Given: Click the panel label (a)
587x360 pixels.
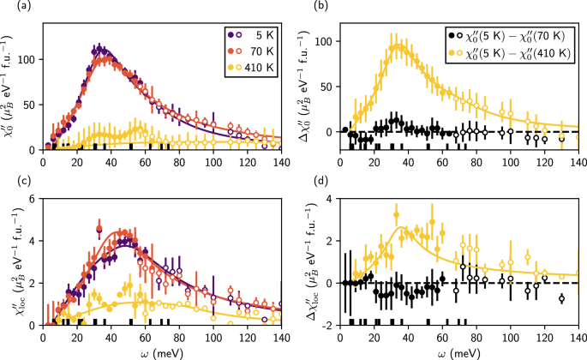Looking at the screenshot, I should (x=11, y=7).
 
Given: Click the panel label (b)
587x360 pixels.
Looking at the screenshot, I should (x=310, y=7).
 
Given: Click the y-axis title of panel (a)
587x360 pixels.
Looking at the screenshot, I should (x=10, y=86).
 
